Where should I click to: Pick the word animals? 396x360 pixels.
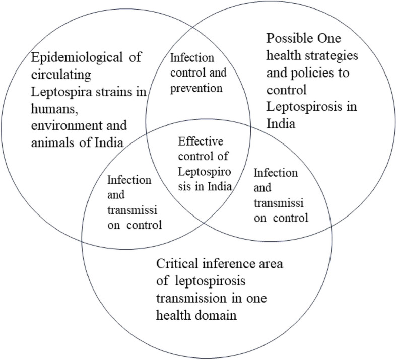tap(53, 141)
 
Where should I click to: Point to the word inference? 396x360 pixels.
tap(231, 264)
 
